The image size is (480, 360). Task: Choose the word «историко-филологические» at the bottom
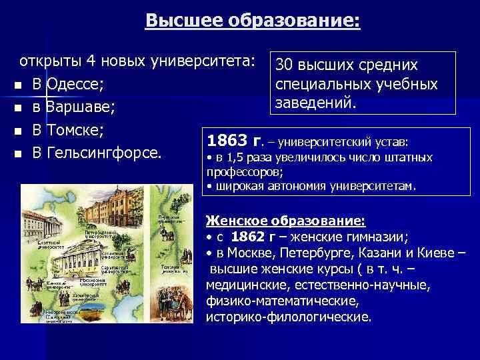click(288, 316)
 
